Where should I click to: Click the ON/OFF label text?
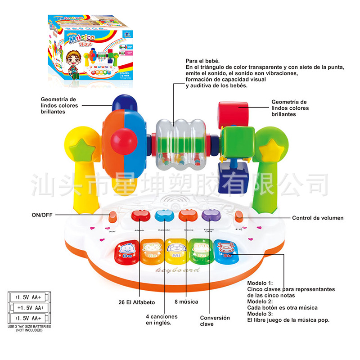coord(41,215)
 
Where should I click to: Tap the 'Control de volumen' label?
coord(318,218)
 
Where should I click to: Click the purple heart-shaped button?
coord(209,216)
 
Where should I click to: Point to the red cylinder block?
coord(233,113)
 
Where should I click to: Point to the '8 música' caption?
coord(186,301)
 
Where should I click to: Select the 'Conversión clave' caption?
coord(215,321)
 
